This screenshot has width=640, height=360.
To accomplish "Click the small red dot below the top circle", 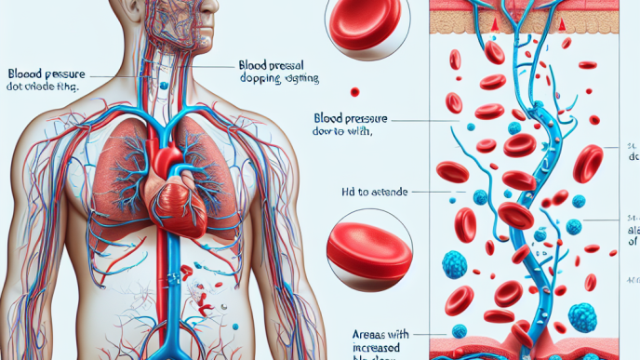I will [354, 91].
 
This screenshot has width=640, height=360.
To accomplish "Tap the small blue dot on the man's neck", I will [164, 86].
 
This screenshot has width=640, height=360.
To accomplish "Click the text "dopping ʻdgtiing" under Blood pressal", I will [277, 80].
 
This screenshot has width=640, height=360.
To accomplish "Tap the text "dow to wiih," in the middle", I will [346, 133].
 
